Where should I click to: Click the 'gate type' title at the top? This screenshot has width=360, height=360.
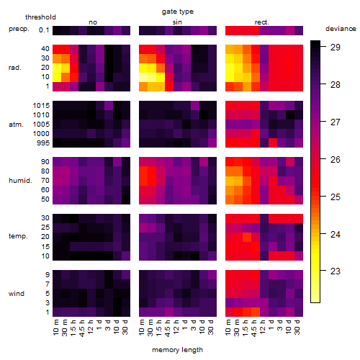[178, 12]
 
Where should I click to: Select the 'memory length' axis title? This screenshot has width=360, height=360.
[177, 350]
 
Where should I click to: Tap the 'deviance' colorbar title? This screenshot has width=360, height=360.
[341, 29]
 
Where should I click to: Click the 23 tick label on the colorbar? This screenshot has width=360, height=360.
[336, 271]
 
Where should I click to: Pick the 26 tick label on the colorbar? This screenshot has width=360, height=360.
[336, 160]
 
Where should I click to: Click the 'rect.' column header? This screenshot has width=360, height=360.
[262, 22]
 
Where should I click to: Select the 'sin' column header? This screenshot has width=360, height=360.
[177, 22]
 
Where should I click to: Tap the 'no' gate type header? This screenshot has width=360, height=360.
[93, 22]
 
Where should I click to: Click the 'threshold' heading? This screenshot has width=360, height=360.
[40, 17]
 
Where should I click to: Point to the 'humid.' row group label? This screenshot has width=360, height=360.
[20, 181]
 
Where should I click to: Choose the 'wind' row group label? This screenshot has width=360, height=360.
[17, 294]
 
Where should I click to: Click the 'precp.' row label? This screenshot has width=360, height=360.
[19, 29]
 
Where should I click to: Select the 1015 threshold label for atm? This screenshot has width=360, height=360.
[41, 106]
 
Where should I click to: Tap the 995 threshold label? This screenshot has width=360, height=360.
[43, 143]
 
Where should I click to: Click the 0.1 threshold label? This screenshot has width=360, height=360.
[44, 30]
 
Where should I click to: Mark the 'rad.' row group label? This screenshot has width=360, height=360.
[15, 68]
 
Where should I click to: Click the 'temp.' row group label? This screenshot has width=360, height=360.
[18, 236]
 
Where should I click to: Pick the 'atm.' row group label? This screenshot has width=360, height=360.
[16, 125]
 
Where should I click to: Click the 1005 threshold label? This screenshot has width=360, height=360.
[41, 125]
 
